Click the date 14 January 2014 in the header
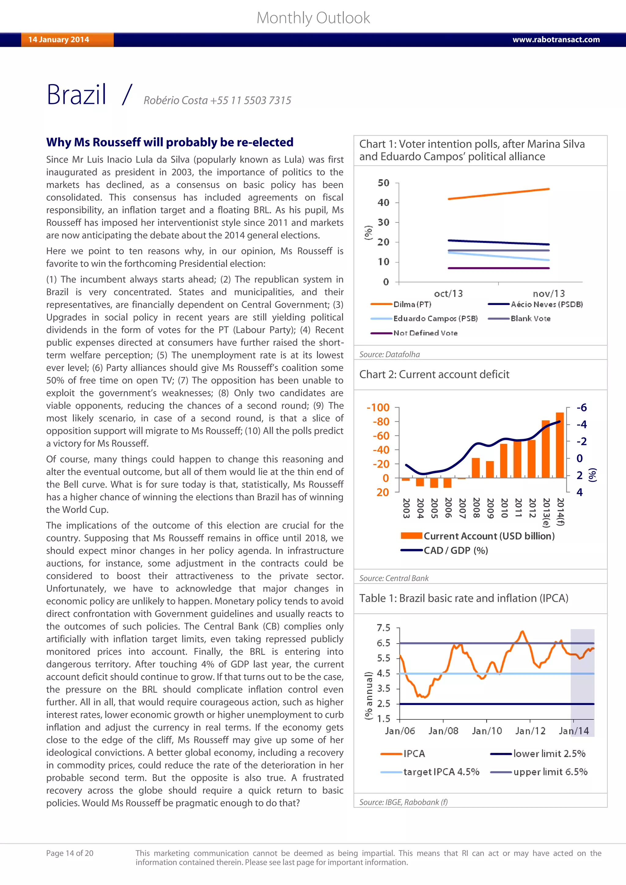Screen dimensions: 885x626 [x=59, y=40]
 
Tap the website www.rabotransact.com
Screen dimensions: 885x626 [x=556, y=40]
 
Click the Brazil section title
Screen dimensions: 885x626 [x=76, y=95]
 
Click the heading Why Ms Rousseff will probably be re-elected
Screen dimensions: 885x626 [x=170, y=142]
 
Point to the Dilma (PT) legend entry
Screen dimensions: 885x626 [x=412, y=304]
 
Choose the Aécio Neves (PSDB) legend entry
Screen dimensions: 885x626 [x=547, y=304]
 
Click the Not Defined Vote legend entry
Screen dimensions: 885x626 [x=425, y=333]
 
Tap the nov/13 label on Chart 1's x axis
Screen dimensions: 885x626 [x=549, y=294]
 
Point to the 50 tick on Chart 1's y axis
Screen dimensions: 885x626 [x=384, y=183]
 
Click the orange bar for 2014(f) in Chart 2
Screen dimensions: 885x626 [x=560, y=445]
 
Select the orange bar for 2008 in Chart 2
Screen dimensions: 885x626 [x=476, y=468]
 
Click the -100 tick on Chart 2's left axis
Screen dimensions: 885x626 [x=378, y=407]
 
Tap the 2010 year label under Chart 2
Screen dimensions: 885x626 [x=504, y=508]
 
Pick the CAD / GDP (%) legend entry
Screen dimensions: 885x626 [x=456, y=550]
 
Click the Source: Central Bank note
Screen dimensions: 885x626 [x=394, y=578]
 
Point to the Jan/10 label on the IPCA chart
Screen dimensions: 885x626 [x=487, y=731]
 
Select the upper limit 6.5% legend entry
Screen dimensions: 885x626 [x=550, y=772]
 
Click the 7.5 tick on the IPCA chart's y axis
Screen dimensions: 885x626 [x=383, y=628]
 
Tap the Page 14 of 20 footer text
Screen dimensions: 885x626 [x=70, y=853]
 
